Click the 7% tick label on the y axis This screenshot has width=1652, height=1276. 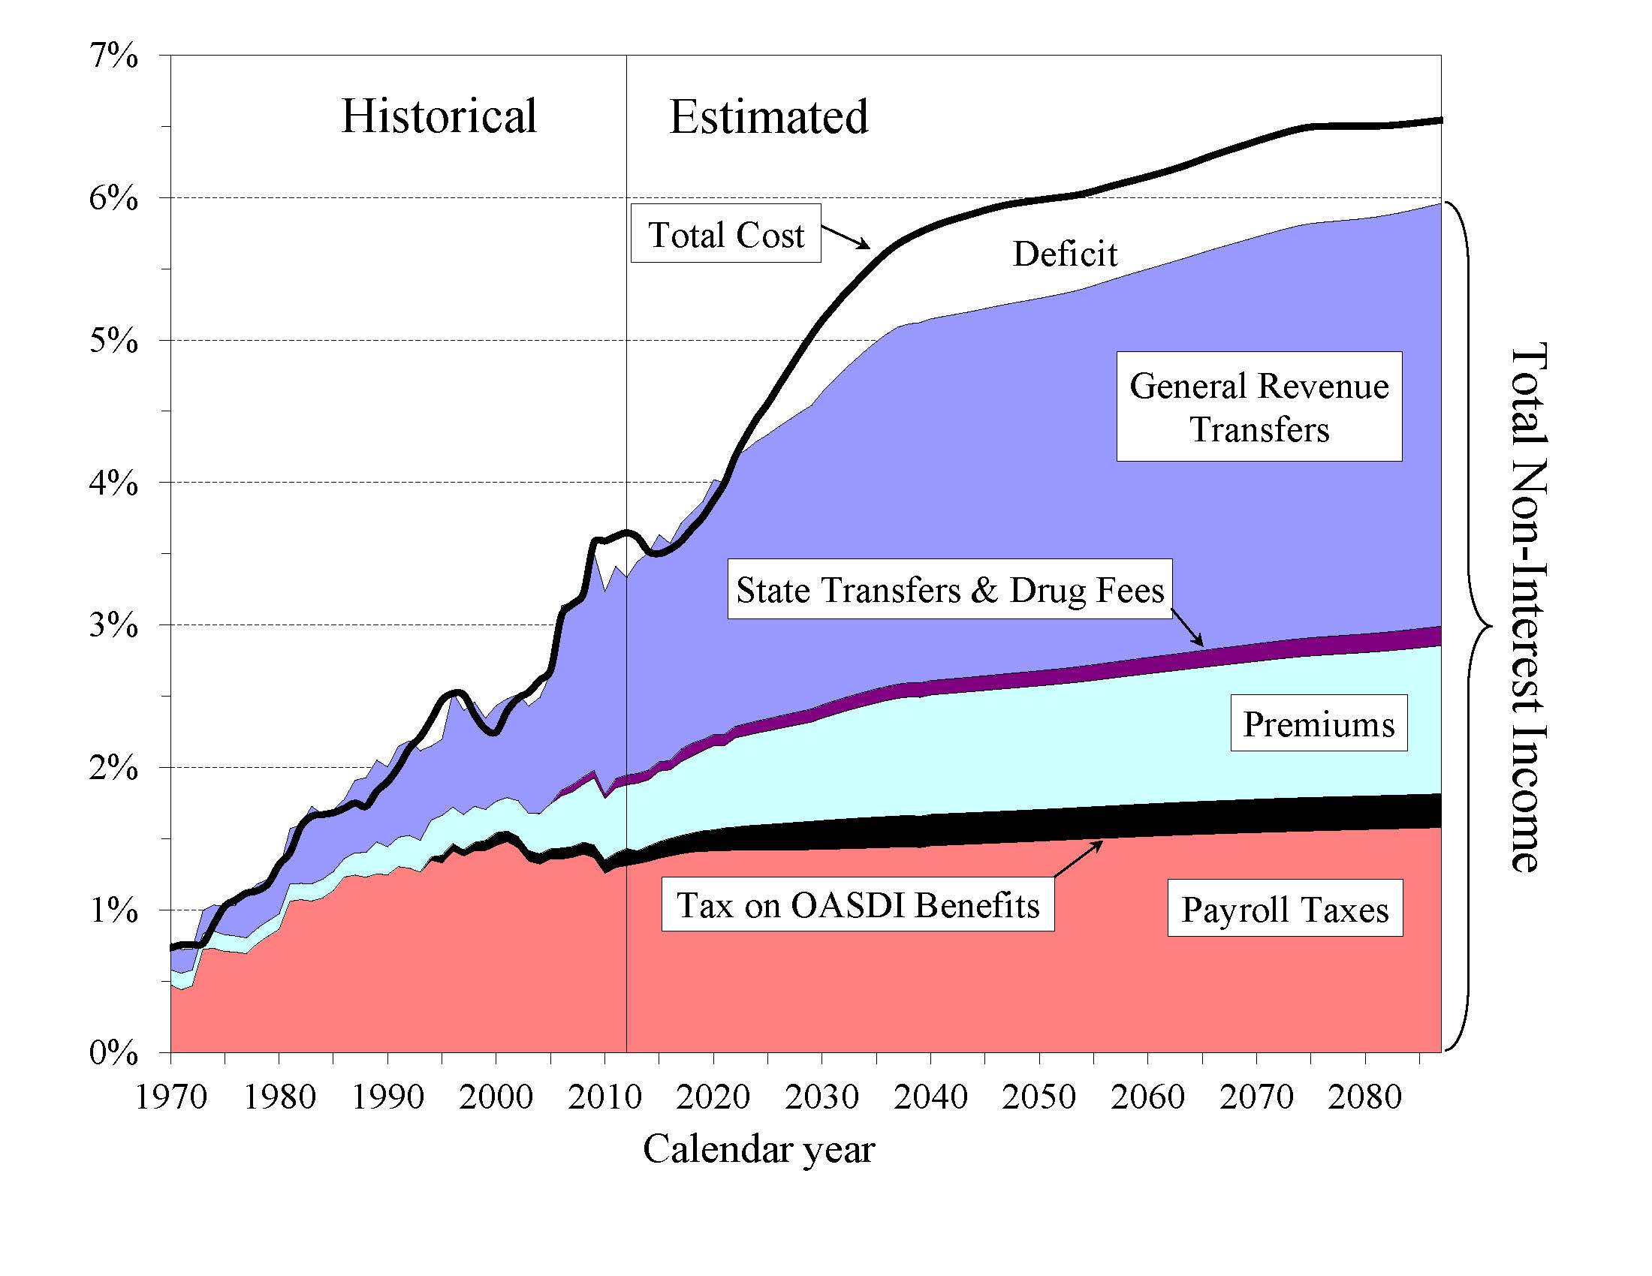(x=114, y=56)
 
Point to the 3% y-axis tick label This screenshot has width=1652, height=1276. (x=114, y=625)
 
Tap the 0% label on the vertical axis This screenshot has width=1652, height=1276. (x=114, y=1052)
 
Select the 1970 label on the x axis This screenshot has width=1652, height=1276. (x=171, y=1097)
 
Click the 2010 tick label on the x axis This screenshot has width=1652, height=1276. (x=604, y=1097)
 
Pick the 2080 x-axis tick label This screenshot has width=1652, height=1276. (x=1364, y=1097)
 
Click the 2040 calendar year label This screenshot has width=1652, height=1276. (x=930, y=1097)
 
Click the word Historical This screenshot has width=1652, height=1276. (x=439, y=116)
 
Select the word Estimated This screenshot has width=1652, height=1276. (x=768, y=117)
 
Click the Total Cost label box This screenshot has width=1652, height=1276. (x=725, y=233)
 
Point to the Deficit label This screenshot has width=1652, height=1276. (x=1064, y=254)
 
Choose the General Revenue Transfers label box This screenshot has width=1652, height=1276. (x=1259, y=407)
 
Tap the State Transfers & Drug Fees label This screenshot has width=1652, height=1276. (x=949, y=590)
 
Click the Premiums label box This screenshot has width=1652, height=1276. (x=1319, y=724)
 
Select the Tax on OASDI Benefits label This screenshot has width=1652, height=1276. (x=858, y=905)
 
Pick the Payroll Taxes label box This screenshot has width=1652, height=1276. (x=1284, y=909)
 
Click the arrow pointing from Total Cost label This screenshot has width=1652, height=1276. (x=846, y=236)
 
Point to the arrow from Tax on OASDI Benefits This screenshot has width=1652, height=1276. (x=1077, y=859)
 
